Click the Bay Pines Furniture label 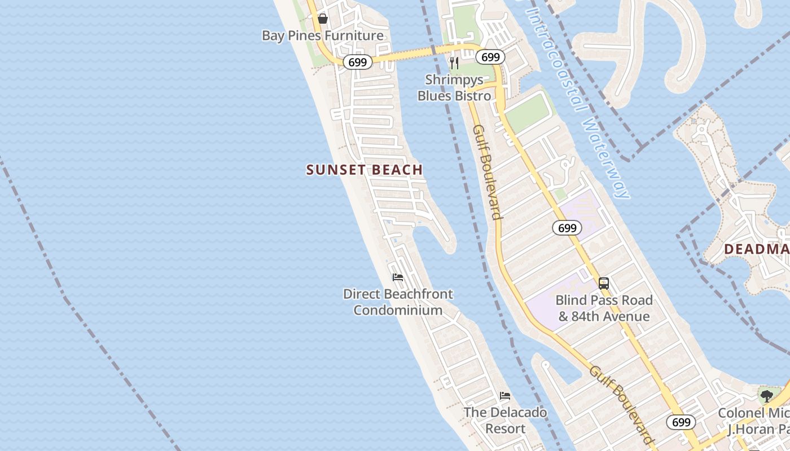322,36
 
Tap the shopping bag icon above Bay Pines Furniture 322,19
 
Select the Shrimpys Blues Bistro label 454,87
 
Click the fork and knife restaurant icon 454,63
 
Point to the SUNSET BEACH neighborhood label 365,170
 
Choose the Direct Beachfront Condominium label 398,302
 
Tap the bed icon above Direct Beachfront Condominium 398,277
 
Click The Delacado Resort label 505,420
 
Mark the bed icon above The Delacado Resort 505,396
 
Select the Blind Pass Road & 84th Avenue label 604,308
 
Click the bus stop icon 604,283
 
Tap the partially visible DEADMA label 757,249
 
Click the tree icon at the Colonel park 766,396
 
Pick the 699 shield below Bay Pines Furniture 358,62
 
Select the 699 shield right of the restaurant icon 490,57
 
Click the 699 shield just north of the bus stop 567,228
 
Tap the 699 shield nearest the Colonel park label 681,422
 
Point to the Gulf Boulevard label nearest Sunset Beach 488,172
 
